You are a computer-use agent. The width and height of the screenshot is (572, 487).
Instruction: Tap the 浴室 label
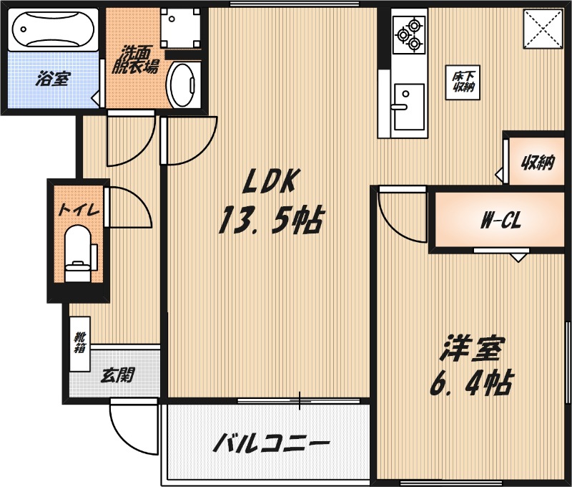click(51, 79)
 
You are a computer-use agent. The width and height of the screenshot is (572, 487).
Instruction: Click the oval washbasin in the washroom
click(183, 85)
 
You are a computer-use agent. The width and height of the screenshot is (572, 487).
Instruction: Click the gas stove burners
click(409, 34)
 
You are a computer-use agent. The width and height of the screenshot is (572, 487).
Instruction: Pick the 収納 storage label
click(537, 163)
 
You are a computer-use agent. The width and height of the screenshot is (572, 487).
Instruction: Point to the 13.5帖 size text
click(270, 221)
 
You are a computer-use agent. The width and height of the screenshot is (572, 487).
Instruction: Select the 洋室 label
click(472, 349)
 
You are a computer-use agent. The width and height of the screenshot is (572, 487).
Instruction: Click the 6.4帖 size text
click(470, 385)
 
